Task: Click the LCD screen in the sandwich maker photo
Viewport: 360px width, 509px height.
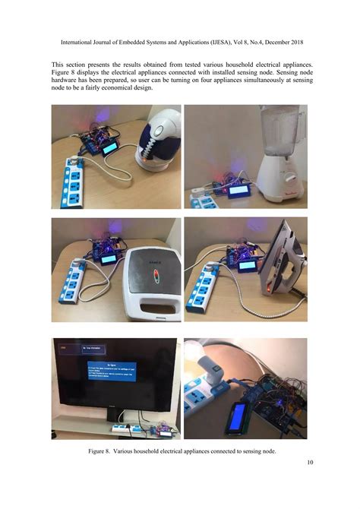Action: (109, 258)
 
